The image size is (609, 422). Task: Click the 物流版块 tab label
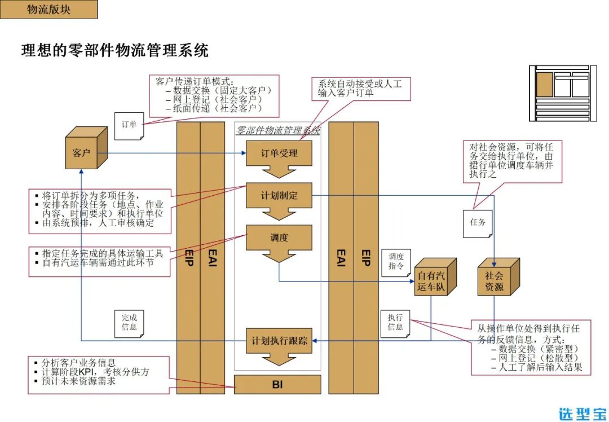click(48, 10)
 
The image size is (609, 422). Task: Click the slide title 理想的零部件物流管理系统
click(115, 50)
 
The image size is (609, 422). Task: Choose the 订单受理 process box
click(279, 153)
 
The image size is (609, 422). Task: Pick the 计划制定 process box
click(279, 196)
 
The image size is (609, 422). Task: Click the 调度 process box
click(279, 238)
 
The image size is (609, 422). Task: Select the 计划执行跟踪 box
click(280, 341)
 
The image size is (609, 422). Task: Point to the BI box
click(277, 385)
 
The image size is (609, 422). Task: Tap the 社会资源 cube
click(496, 280)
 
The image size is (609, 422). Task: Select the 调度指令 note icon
click(396, 261)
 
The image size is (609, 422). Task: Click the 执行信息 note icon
click(395, 322)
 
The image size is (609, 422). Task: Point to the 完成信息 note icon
click(129, 322)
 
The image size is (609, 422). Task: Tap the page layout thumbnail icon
click(562, 93)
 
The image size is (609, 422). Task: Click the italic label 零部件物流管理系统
click(277, 130)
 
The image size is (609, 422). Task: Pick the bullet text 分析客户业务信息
click(78, 363)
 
